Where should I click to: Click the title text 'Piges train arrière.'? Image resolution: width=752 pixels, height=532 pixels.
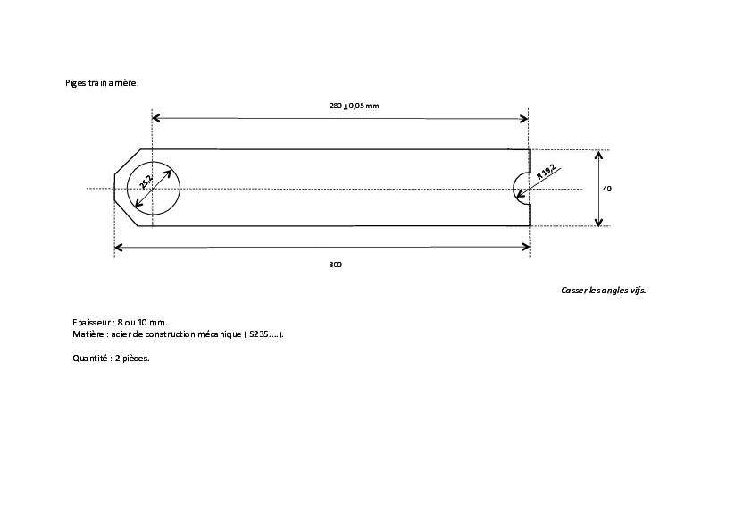coord(102,82)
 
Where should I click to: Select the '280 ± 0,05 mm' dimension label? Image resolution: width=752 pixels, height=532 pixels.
coord(354,106)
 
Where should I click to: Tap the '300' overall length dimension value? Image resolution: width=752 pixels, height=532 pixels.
coord(335,265)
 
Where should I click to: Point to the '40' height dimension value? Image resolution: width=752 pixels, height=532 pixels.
coord(607,189)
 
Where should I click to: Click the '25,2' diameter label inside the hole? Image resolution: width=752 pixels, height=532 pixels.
coord(146,182)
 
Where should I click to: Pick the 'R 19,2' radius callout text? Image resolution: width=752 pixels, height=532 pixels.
coord(546,172)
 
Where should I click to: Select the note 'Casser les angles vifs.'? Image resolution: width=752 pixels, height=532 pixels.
coord(604,290)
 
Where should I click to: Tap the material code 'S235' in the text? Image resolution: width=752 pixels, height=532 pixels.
coord(258,334)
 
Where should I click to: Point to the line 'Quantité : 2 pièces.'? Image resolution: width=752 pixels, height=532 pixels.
coord(111,359)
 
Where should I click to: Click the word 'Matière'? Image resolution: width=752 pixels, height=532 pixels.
coord(88,334)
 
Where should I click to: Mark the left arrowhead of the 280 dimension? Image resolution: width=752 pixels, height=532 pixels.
coord(156,118)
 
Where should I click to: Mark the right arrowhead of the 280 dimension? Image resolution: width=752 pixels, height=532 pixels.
coord(523,118)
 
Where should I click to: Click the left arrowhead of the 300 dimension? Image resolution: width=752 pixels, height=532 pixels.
coord(119,248)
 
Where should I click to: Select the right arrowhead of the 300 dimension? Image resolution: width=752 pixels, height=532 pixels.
coord(526,247)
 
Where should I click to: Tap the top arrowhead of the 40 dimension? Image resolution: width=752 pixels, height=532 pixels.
coord(598,155)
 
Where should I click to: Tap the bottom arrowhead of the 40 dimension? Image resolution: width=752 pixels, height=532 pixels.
coord(598,222)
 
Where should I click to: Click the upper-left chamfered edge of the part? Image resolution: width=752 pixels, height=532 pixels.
coord(128,161)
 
